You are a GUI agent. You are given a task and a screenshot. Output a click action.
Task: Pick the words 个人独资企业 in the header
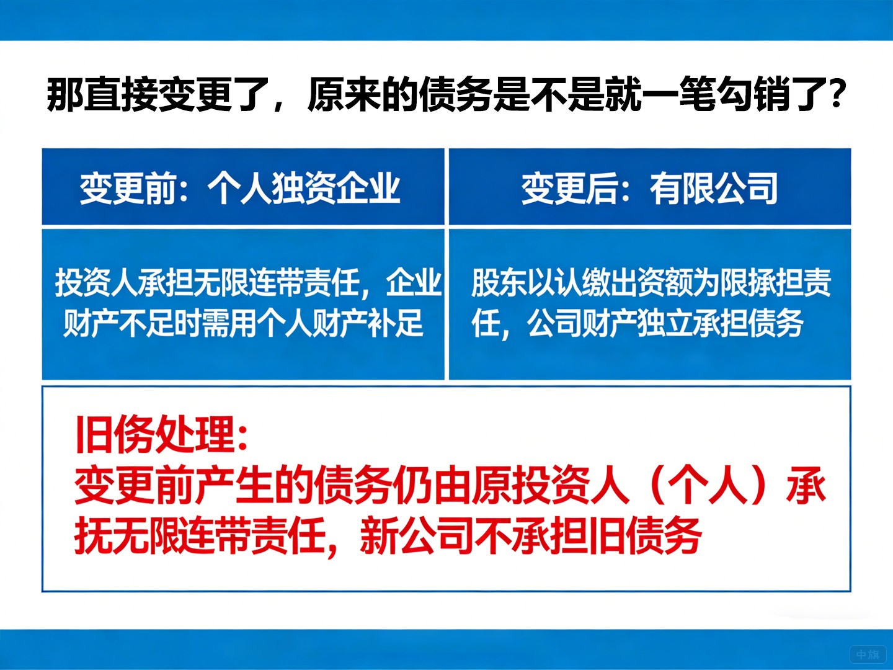(304, 188)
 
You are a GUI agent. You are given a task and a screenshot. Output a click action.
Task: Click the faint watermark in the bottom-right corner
(868, 654)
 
